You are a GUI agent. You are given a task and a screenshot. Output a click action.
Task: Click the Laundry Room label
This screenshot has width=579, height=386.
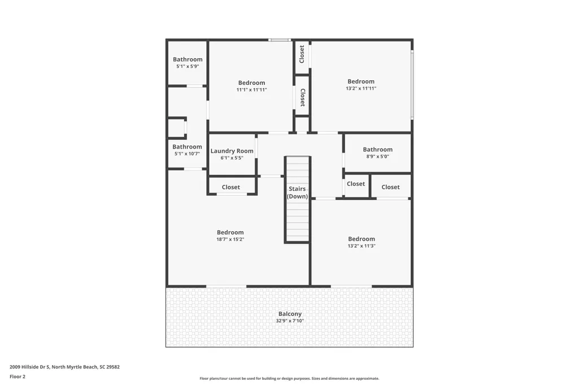232,151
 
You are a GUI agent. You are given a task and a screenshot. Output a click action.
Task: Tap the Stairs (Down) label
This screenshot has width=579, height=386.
297,193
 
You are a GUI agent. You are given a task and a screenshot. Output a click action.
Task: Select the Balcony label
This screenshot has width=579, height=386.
290,314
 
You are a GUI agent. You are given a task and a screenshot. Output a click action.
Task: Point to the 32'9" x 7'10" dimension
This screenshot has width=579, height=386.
290,320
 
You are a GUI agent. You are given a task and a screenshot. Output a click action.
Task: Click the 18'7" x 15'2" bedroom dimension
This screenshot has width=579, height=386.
230,239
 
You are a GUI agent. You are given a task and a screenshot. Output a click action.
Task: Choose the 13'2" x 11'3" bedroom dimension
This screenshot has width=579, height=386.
362,246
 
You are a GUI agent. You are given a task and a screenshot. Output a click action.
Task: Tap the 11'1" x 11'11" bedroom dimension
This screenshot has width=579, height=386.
251,89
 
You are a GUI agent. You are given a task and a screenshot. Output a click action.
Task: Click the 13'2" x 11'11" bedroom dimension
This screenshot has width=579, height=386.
361,88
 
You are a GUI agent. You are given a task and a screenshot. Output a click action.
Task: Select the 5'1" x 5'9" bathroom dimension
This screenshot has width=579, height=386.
188,66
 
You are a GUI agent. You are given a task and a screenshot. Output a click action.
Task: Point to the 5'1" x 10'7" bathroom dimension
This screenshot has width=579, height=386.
187,153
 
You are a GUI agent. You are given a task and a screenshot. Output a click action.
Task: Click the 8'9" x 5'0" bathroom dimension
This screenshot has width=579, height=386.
378,156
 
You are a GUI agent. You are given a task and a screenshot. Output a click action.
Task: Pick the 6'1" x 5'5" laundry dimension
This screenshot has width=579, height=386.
232,158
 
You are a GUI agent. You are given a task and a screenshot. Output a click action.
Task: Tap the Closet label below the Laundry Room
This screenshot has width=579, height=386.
231,187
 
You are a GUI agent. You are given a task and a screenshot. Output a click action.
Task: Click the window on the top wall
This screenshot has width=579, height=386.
280,40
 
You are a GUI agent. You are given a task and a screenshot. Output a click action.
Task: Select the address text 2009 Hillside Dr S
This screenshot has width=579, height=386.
29,367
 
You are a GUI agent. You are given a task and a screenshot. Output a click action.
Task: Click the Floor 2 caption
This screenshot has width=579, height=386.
18,376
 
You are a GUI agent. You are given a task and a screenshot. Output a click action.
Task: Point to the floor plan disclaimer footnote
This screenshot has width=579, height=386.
289,378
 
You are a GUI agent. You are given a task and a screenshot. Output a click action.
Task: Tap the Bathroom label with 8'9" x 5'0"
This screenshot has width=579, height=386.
378,149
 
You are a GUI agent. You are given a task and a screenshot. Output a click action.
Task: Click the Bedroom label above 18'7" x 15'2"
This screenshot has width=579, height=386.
230,232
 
